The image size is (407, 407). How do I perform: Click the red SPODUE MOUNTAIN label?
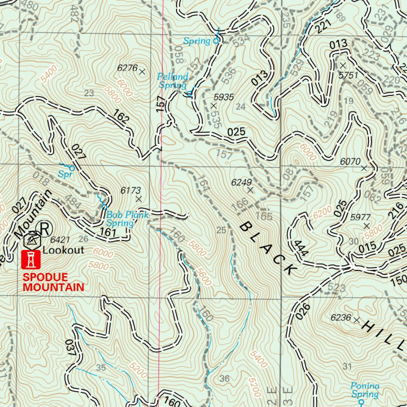pyautogui.click(x=53, y=282)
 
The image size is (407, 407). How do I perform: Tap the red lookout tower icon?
pyautogui.click(x=31, y=260)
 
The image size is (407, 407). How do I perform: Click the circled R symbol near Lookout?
pyautogui.click(x=45, y=228)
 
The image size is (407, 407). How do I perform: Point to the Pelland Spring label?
pyautogui.click(x=172, y=81)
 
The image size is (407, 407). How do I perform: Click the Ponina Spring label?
pyautogui.click(x=365, y=390)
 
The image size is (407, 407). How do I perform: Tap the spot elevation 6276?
pyautogui.click(x=127, y=68)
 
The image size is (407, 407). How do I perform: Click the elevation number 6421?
pyautogui.click(x=60, y=240)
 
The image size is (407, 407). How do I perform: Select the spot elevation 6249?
pyautogui.click(x=241, y=182)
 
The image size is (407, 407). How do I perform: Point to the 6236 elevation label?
pyautogui.click(x=341, y=318)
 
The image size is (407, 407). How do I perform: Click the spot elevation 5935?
pyautogui.click(x=223, y=97)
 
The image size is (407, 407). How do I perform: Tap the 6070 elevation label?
pyautogui.click(x=350, y=161)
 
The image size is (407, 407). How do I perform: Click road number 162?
pyautogui.click(x=121, y=118)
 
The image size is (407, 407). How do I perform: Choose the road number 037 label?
pyautogui.click(x=72, y=348)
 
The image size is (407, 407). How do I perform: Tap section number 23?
pyautogui.click(x=89, y=93)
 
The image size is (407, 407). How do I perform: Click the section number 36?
pyautogui.click(x=225, y=378)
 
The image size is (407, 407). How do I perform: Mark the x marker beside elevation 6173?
pyautogui.click(x=139, y=199)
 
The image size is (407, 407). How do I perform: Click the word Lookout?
pyautogui.click(x=64, y=250)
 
